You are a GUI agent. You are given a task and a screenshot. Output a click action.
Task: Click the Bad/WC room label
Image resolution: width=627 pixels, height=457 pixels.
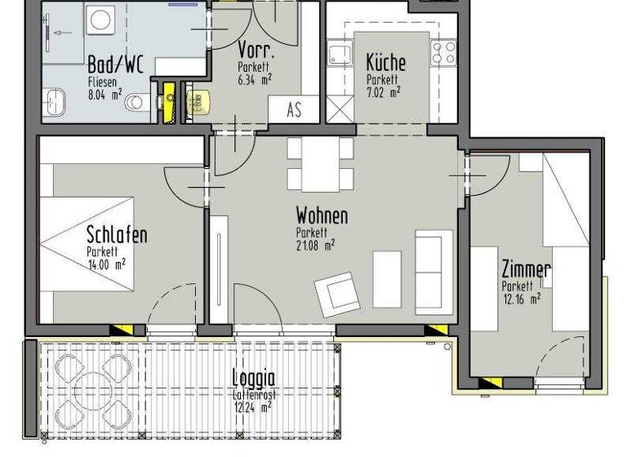(115, 65)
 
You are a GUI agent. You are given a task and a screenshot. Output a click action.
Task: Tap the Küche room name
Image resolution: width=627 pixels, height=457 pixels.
(385, 63)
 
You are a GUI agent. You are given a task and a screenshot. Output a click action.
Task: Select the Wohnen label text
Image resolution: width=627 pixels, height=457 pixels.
(322, 216)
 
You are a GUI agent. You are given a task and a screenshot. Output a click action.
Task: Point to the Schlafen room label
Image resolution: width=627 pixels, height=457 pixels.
(117, 236)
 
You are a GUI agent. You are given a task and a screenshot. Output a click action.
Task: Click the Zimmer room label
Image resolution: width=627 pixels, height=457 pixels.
(526, 270)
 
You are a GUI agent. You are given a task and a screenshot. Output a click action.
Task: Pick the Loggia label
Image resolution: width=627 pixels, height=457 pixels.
(253, 378)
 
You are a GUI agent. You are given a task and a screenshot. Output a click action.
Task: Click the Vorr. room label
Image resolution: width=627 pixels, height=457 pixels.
(254, 50)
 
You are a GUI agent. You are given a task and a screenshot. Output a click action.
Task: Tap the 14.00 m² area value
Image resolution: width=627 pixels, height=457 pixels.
(106, 264)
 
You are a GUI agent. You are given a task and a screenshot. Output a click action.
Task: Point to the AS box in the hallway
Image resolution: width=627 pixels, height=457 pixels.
(294, 109)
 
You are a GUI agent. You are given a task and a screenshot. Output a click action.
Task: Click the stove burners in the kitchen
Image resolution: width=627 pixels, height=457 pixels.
(444, 53)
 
